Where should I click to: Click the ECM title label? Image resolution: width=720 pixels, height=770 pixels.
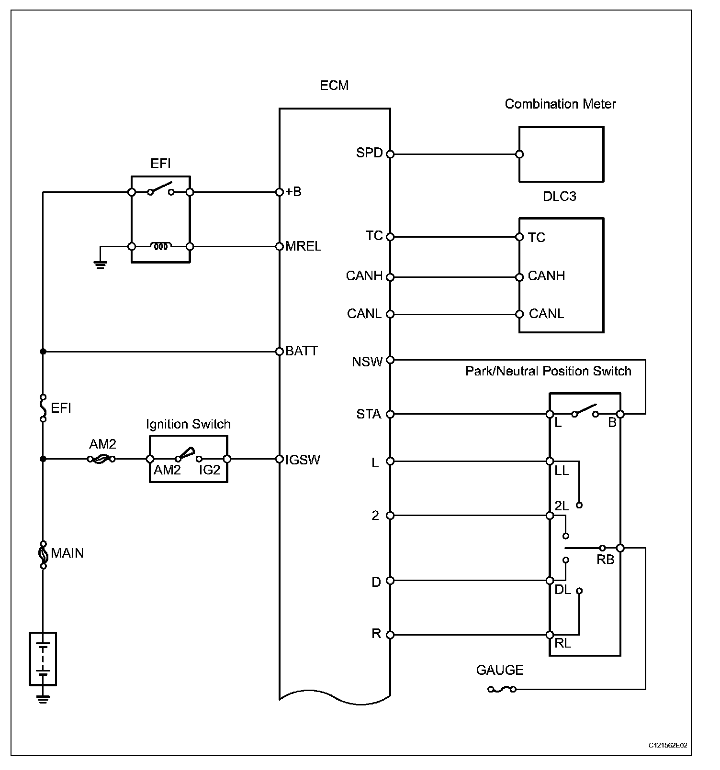(x=334, y=86)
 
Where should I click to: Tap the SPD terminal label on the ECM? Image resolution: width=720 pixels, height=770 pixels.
(x=369, y=153)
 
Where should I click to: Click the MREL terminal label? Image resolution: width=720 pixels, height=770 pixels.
(x=303, y=246)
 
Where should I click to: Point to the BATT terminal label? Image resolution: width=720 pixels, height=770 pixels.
(x=302, y=351)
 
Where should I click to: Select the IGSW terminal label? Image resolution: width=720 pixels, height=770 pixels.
(x=303, y=460)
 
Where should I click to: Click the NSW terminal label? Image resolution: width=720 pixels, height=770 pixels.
(x=367, y=362)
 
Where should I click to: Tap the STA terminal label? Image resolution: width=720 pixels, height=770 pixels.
(x=369, y=414)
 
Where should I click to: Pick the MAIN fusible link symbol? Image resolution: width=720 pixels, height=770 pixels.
(x=43, y=555)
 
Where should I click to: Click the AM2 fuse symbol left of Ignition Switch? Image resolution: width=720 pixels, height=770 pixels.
(x=101, y=459)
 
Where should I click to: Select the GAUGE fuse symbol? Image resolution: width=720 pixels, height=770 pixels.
(x=502, y=689)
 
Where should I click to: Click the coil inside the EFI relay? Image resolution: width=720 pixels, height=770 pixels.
(x=160, y=247)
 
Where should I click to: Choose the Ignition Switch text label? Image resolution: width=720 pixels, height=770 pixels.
(x=188, y=424)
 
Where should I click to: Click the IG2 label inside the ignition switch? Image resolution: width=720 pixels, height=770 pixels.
(x=210, y=470)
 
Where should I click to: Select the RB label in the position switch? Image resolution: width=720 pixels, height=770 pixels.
(x=605, y=560)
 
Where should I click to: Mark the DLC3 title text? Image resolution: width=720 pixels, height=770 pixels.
(x=560, y=197)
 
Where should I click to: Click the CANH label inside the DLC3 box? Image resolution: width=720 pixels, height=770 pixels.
(x=546, y=276)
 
